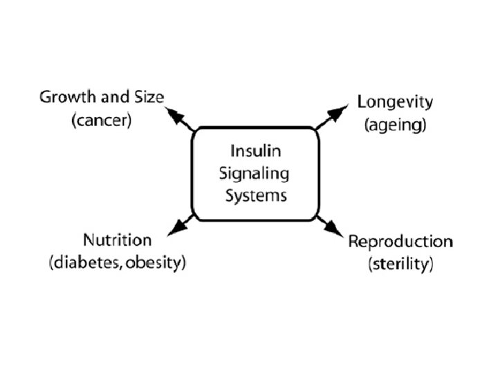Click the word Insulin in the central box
tap(256, 151)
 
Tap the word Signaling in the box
tap(256, 173)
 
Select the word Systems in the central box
tap(256, 195)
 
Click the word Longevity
tap(395, 103)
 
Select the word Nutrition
tap(117, 240)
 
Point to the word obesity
tap(161, 264)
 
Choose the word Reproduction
tap(400, 242)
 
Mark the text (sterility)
tap(400, 265)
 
